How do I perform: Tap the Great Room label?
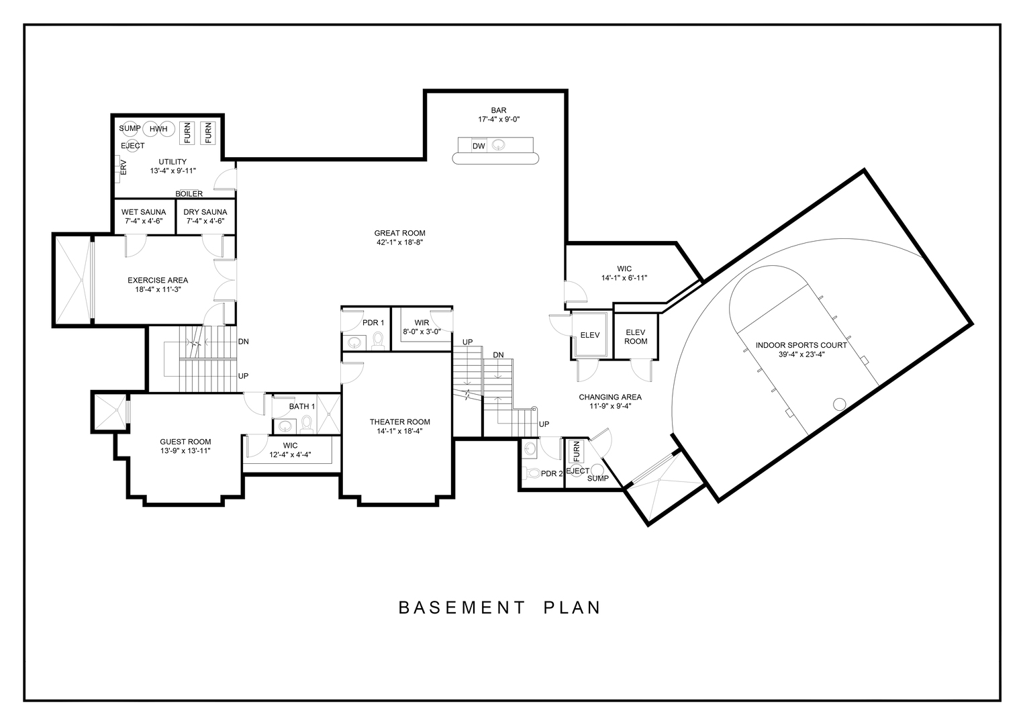(x=399, y=233)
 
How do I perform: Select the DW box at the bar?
(x=479, y=146)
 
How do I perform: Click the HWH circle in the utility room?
(x=158, y=129)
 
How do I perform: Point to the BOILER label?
(x=189, y=194)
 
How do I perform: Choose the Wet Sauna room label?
(x=144, y=212)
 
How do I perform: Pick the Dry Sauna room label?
(x=205, y=212)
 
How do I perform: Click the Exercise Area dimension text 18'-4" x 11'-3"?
(x=158, y=289)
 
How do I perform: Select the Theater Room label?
(x=400, y=422)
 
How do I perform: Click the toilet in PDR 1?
(x=378, y=340)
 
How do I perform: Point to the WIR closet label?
(x=422, y=323)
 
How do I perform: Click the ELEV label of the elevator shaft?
(x=590, y=335)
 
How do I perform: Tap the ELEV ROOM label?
(x=636, y=336)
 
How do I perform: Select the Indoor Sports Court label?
(x=801, y=345)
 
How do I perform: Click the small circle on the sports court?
(x=839, y=404)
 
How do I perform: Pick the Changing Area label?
(x=610, y=397)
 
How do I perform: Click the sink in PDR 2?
(x=530, y=448)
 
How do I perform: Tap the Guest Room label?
(x=185, y=442)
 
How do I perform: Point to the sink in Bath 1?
(x=285, y=426)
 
